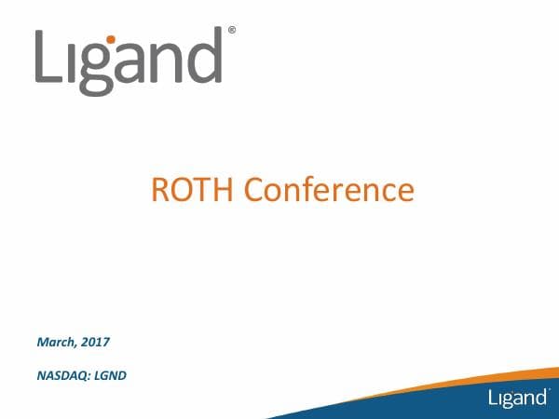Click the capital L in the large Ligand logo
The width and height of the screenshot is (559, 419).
[51, 58]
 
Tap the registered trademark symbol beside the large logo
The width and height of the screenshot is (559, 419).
[231, 30]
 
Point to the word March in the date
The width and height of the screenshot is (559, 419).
[56, 343]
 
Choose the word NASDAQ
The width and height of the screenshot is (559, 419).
[61, 377]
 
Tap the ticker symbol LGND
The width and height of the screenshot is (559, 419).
[109, 377]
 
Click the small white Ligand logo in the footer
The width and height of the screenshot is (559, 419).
[517, 398]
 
